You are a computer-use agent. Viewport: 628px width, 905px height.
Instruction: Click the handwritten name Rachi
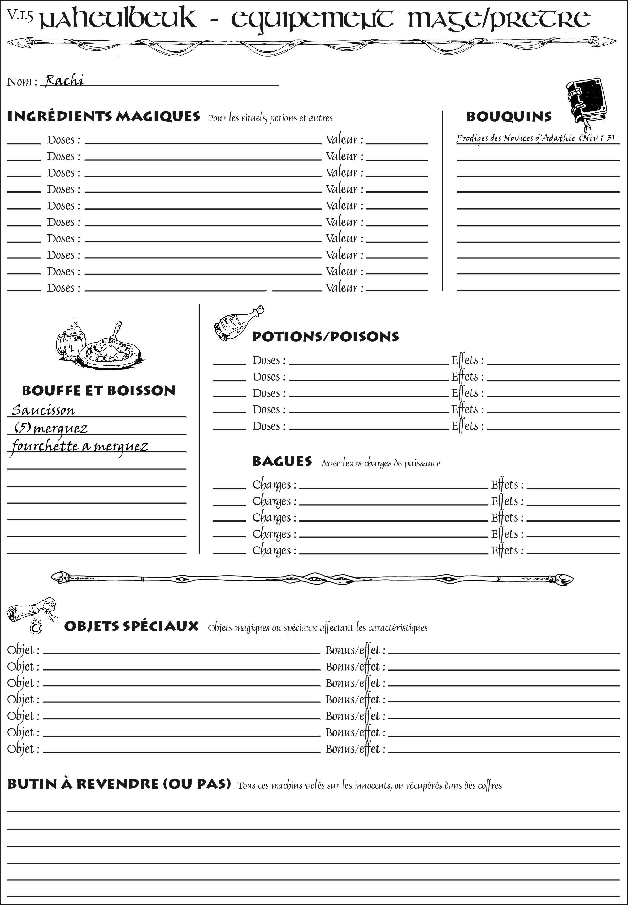[64, 80]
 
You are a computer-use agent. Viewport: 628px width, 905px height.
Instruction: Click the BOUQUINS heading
[509, 117]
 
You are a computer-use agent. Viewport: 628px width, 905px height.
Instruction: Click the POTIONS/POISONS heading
[325, 337]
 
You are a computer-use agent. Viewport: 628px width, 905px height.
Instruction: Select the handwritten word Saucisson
[43, 410]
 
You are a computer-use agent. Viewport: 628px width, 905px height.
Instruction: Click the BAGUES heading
[282, 462]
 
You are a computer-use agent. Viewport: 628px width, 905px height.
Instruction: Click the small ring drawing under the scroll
[37, 626]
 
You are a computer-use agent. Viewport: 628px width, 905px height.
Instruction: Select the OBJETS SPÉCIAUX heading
[131, 626]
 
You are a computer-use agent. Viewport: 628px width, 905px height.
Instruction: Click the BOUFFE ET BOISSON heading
[98, 391]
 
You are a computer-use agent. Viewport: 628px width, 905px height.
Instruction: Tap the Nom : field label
[22, 82]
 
